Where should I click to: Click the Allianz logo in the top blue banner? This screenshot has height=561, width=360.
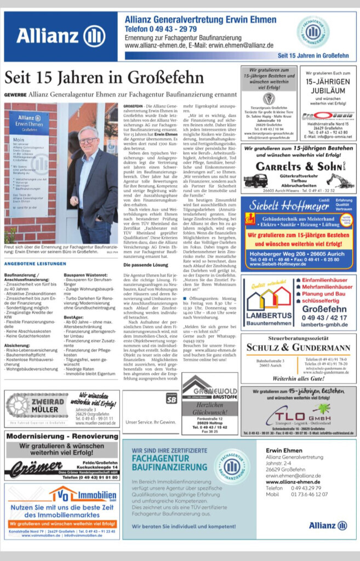61,36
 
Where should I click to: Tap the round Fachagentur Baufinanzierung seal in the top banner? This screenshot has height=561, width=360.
313,32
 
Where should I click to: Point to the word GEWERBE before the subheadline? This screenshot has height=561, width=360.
15,94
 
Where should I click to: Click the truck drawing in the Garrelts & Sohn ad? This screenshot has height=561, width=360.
255,180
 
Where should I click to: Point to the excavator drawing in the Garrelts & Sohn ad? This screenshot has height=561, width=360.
338,180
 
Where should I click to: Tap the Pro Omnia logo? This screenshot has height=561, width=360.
328,116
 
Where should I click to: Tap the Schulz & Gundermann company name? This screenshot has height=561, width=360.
298,347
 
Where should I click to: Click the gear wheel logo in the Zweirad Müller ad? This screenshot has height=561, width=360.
22,406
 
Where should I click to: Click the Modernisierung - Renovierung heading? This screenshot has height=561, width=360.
61,437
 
